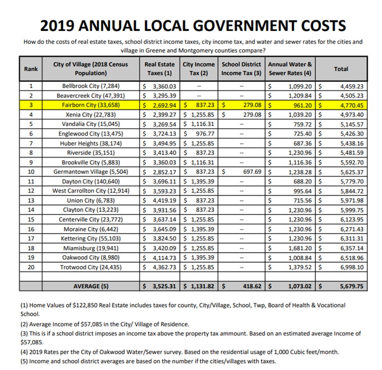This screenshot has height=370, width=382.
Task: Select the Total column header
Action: point(341,68)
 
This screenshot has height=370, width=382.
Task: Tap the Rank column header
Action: point(31,69)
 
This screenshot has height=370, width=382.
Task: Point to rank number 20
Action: point(31,267)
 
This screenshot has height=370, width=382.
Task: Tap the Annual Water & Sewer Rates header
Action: point(290,69)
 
